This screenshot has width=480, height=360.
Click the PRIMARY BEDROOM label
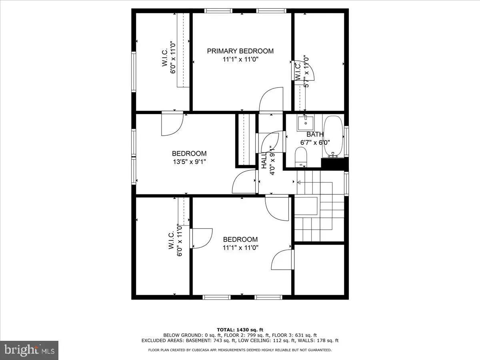[240, 51]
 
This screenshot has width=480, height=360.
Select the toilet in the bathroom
[300, 156]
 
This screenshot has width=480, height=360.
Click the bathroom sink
[306, 122]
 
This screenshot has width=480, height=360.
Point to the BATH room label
[315, 134]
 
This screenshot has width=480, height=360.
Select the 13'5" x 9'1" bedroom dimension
[189, 162]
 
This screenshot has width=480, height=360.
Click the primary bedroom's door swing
[270, 100]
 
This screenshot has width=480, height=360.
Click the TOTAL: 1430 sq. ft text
[240, 328]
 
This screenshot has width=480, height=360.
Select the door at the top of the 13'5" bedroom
[172, 124]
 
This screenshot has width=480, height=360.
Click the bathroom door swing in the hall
[270, 142]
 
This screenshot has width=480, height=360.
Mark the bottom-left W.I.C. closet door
[202, 238]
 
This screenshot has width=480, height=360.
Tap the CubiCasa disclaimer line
[240, 350]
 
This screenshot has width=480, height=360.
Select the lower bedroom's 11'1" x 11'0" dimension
[240, 248]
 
